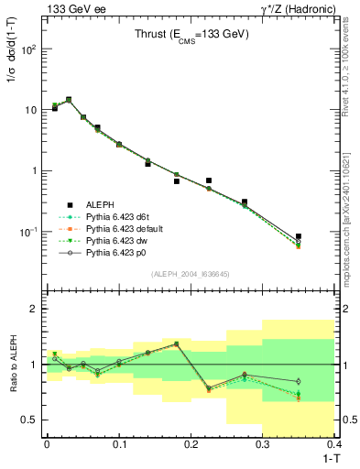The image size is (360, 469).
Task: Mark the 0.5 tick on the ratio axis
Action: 32,420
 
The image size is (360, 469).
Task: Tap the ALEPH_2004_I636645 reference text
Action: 190,273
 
